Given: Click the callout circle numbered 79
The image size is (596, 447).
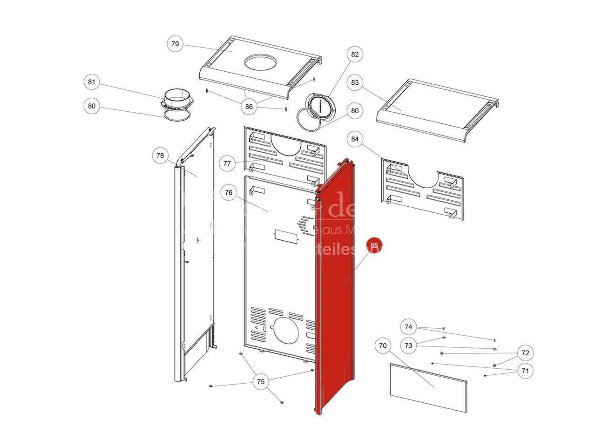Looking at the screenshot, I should [175, 44].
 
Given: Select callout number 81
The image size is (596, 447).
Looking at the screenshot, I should [92, 82].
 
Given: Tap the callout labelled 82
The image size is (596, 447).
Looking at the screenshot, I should [355, 54].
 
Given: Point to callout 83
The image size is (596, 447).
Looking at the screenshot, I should [355, 82].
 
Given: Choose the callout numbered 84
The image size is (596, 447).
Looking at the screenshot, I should [355, 139].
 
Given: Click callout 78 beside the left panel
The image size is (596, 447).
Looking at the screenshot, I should [160, 156].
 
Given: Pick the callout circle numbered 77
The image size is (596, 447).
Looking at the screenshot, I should [227, 163].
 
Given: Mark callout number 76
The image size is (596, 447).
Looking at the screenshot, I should [228, 192].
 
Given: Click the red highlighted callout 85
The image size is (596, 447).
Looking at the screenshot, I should [374, 245].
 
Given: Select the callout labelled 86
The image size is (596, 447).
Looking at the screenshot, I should [249, 107].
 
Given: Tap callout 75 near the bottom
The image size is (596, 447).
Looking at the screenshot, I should [261, 382].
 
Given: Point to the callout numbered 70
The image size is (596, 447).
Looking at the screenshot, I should [383, 345].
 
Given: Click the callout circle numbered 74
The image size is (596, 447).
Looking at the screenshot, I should [408, 327].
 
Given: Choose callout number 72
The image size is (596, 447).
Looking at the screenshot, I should [525, 353].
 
